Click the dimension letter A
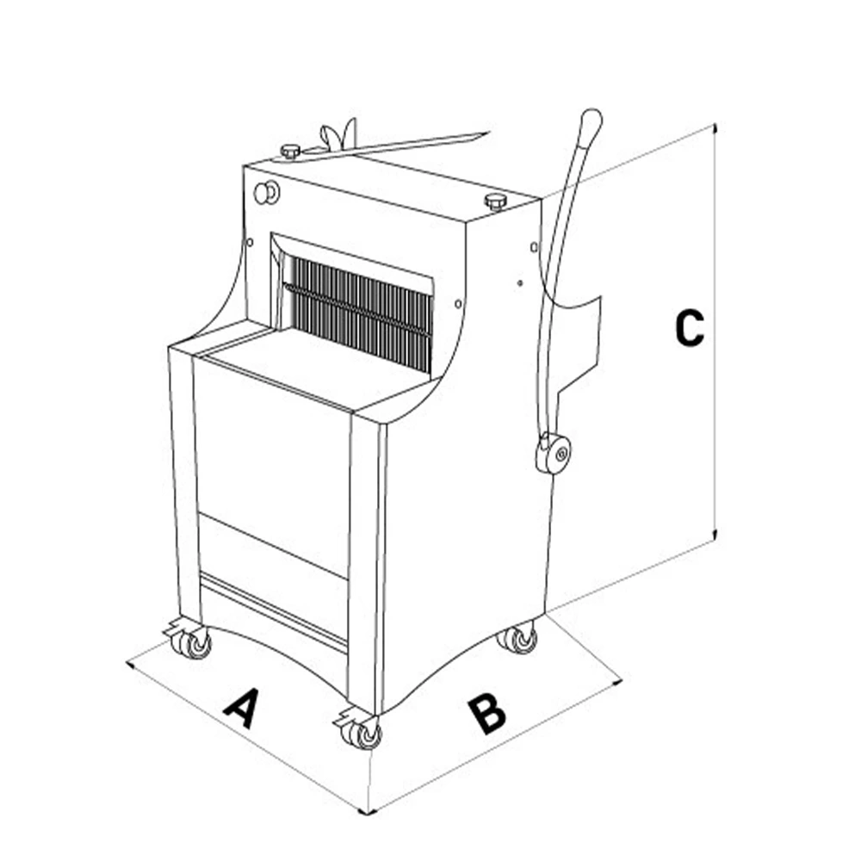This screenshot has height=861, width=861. (x=242, y=709)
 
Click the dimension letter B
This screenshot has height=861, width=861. (x=486, y=714)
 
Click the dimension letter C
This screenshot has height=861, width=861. (x=689, y=328)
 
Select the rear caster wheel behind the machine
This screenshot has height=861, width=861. (x=517, y=639)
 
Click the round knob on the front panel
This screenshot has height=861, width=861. (x=266, y=192)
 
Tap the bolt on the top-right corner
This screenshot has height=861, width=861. (x=497, y=201)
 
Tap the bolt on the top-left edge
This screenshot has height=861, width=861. (x=290, y=151)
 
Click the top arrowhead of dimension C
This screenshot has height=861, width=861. (x=715, y=128)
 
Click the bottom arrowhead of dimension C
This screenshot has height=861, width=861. (x=715, y=535)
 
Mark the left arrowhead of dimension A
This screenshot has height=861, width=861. (x=131, y=665)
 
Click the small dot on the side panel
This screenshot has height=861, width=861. (x=519, y=283)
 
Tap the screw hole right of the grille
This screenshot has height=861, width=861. (x=458, y=303)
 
